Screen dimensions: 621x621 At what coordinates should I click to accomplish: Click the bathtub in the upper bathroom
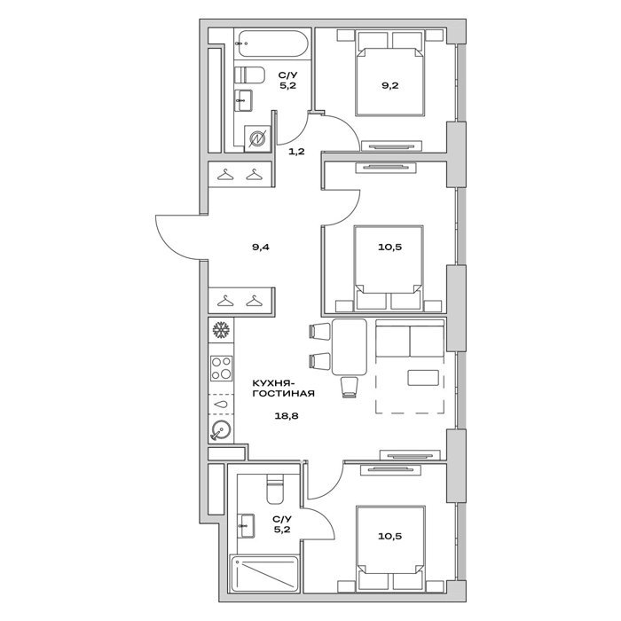pos(271,43)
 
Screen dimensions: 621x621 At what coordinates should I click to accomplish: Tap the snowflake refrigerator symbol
pos(222,330)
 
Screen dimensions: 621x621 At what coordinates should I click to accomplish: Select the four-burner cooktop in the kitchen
pos(222,368)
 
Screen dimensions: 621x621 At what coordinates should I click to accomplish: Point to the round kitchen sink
pos(221,430)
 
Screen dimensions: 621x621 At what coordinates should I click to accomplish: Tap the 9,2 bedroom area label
pos(389,85)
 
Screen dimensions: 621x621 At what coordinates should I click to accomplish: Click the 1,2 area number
pos(296,152)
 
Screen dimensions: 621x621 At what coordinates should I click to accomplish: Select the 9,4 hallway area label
pos(261,248)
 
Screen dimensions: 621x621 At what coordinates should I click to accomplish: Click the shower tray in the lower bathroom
pos(264,574)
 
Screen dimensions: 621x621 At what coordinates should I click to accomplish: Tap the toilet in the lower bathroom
pos(275,489)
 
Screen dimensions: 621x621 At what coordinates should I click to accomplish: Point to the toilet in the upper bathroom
pos(249,75)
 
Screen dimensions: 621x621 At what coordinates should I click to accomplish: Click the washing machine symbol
pos(257,138)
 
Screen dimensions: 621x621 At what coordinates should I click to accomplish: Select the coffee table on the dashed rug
pos(423,378)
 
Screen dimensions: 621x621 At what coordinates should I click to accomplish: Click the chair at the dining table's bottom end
pos(350,387)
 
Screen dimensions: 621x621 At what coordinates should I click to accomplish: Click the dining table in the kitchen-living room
pos(350,347)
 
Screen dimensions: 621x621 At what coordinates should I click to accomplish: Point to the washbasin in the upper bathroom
pos(243,100)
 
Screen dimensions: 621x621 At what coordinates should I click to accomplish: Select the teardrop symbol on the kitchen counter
pos(221,405)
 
